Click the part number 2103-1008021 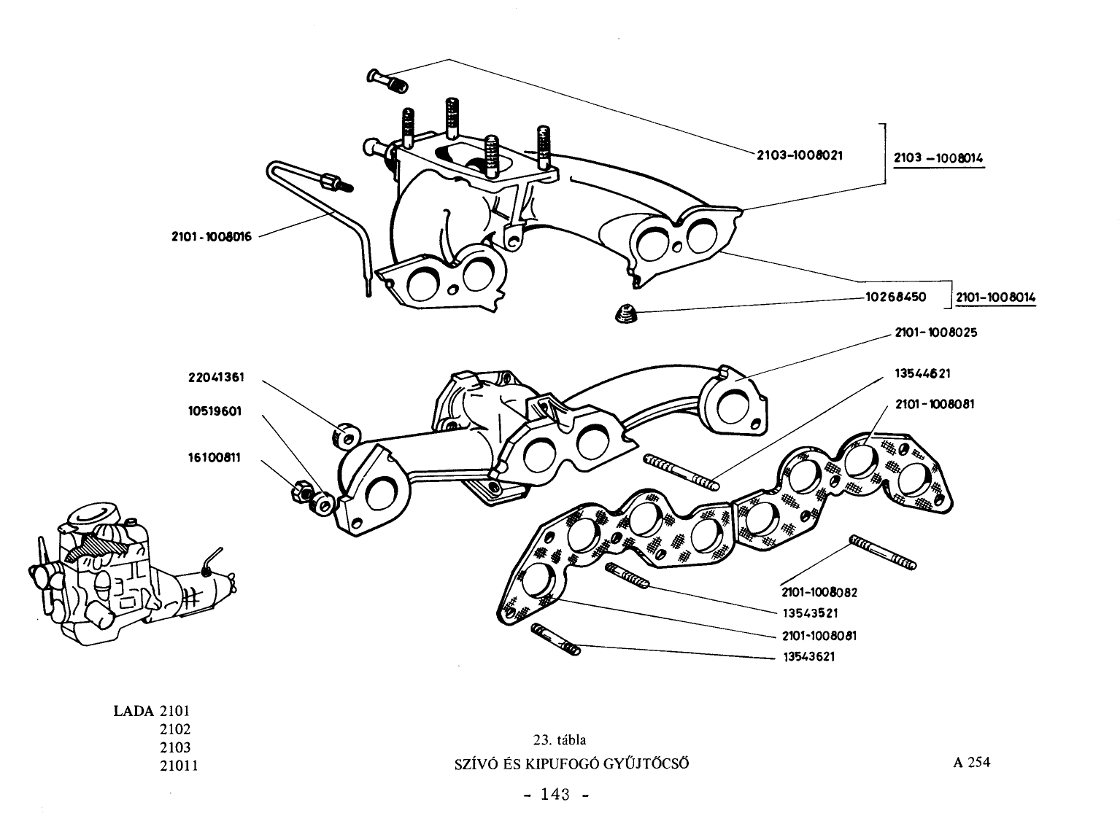[800, 155]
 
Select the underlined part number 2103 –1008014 [938, 158]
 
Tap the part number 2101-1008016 [212, 236]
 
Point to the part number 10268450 [895, 297]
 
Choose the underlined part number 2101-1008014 [995, 297]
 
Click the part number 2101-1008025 [936, 332]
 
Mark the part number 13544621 [922, 373]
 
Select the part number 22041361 [217, 378]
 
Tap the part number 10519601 [215, 411]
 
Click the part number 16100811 [215, 458]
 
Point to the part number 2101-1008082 [819, 592]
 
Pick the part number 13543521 [811, 613]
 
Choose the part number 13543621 [809, 656]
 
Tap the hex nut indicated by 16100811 [301, 491]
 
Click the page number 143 [555, 794]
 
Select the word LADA [134, 711]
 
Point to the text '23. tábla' [559, 739]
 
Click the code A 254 [971, 762]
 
